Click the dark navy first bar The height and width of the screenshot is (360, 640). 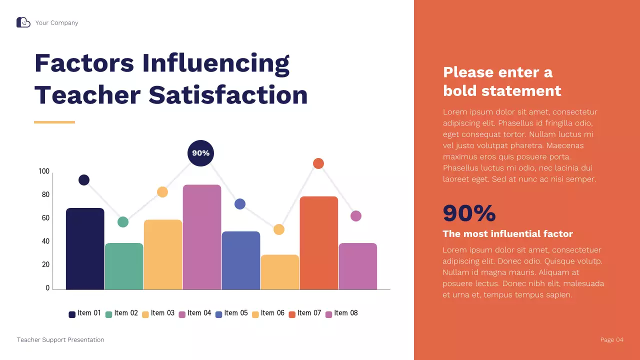(x=85, y=248)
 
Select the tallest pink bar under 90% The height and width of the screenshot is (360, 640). (x=202, y=237)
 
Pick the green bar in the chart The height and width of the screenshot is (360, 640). (x=124, y=266)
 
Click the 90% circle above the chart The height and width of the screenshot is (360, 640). (x=200, y=153)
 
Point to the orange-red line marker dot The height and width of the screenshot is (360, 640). (x=318, y=163)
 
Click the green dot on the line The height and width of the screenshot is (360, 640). (x=123, y=222)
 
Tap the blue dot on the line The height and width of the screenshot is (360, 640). (x=240, y=204)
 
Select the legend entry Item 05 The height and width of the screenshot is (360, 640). (x=231, y=313)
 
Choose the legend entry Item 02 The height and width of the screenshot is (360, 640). (x=121, y=313)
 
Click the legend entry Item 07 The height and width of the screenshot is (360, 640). (x=305, y=313)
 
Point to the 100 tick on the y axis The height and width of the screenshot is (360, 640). (x=44, y=171)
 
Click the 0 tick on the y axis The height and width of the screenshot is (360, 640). (x=47, y=288)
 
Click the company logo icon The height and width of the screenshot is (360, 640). (x=23, y=22)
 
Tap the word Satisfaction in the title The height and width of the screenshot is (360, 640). (x=228, y=95)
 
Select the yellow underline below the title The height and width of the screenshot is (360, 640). (x=54, y=122)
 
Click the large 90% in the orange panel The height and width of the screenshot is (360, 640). (x=469, y=213)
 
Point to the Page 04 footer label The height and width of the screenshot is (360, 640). (x=611, y=340)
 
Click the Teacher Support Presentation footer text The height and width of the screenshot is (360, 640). (x=60, y=340)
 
